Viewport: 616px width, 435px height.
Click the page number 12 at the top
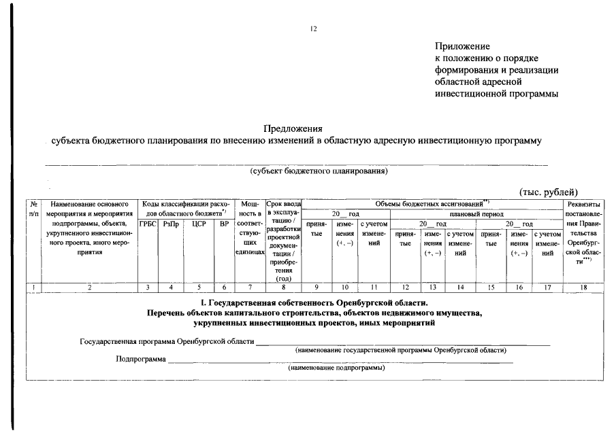313,29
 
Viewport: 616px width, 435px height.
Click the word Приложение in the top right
462,46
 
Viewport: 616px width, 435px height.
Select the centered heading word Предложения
293,128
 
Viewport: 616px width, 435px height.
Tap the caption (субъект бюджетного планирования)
319,171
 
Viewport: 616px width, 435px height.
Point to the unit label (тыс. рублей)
549,192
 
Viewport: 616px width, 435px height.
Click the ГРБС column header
148,224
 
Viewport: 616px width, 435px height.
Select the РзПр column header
170,224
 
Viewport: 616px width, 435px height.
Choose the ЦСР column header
198,224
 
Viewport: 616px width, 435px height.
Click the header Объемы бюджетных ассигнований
432,204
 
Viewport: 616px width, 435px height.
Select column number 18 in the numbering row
583,288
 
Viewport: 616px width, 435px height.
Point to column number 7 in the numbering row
250,288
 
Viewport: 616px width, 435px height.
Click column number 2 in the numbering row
89,288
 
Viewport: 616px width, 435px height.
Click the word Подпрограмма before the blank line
141,359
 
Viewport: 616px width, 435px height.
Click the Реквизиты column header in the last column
583,204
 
